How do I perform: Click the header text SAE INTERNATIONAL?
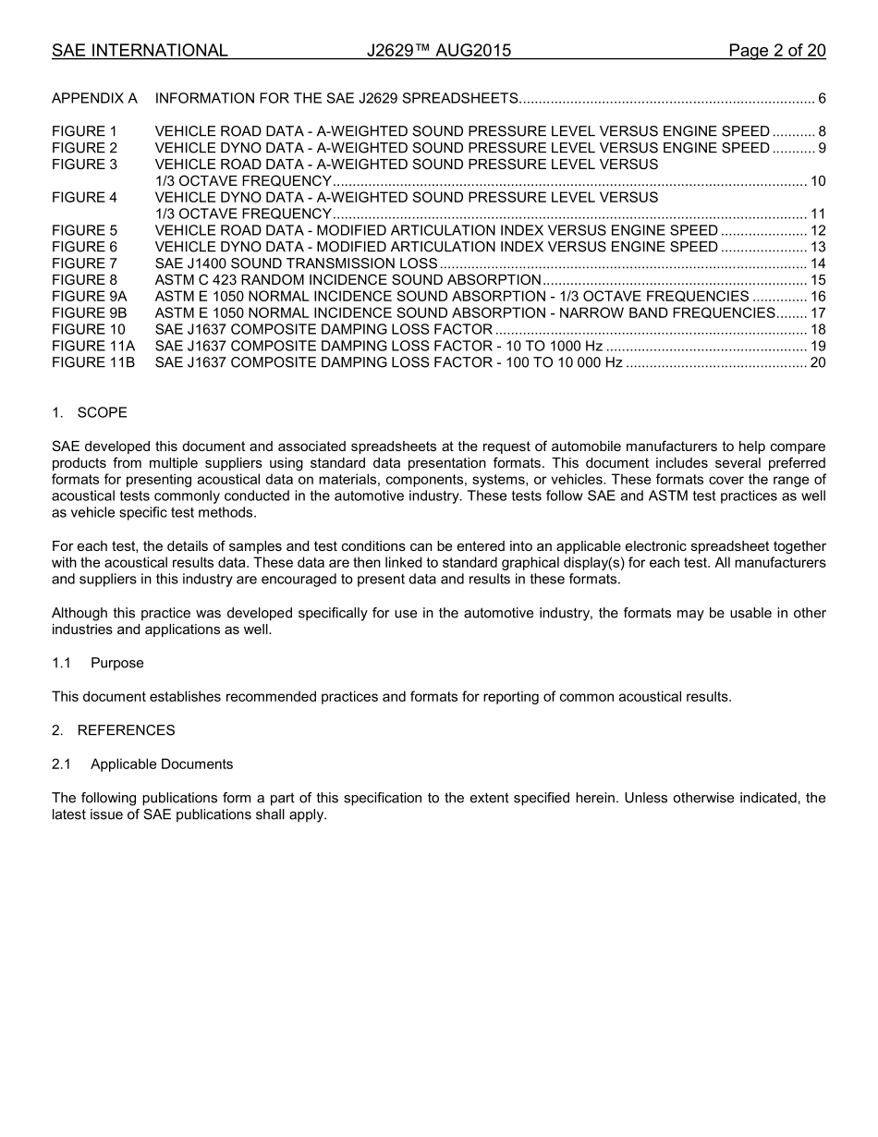coord(140,51)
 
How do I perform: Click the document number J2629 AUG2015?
coord(438,51)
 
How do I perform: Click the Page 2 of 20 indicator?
coord(776,51)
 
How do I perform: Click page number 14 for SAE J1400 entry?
coord(817,263)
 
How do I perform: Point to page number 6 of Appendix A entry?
coord(822,98)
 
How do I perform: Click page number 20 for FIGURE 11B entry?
coord(817,362)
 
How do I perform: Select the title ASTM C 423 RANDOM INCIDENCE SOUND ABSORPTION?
coord(348,280)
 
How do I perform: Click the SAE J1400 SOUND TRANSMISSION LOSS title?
coord(296,263)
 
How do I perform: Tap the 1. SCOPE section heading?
coord(90,412)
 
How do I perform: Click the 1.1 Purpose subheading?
coord(98,663)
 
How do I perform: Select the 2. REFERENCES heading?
coord(113,730)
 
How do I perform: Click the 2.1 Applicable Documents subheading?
coord(142,764)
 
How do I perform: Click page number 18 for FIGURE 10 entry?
coord(817,330)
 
